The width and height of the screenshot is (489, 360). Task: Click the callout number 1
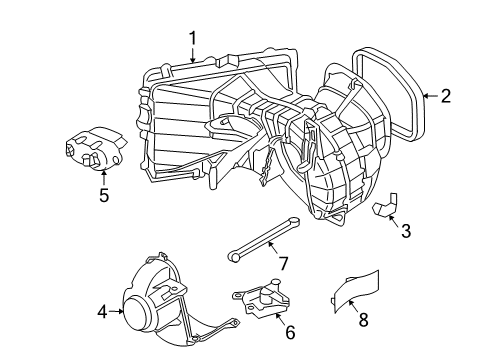(193, 38)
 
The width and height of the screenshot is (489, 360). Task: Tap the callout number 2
(446, 96)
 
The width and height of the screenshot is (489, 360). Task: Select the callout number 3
(406, 231)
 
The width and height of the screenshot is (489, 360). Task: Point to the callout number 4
(103, 312)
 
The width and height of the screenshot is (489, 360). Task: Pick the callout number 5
(104, 195)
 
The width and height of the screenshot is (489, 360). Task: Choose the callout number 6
(290, 332)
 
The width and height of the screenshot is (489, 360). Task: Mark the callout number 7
(283, 263)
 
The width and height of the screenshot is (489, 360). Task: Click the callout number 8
(363, 319)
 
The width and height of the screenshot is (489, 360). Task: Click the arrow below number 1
(193, 55)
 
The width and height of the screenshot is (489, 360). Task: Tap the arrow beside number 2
(431, 96)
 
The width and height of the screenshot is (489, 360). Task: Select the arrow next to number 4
(116, 312)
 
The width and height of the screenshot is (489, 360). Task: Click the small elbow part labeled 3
(385, 205)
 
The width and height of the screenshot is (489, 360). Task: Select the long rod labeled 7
(263, 239)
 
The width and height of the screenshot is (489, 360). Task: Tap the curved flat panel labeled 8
(356, 291)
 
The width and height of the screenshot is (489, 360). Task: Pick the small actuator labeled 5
(96, 148)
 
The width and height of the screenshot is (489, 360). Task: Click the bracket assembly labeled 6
(261, 298)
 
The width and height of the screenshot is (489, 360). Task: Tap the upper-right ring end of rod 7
(294, 221)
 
